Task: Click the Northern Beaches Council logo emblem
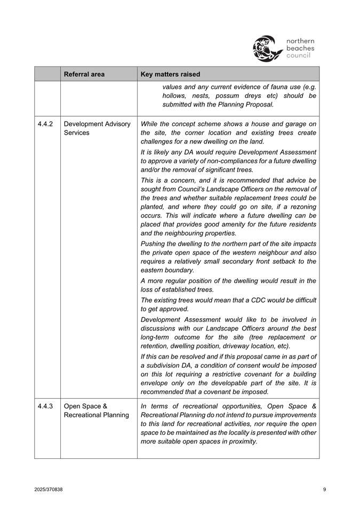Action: pos(267,48)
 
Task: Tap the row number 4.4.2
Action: pos(45,124)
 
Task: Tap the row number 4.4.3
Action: pos(45,406)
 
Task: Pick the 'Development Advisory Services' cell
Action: pos(97,128)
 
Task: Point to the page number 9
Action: pos(324,489)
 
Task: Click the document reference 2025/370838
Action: pos(49,489)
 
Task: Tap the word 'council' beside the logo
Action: pos(298,55)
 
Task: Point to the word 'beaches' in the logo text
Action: pos(300,48)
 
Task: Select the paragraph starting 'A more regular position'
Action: pos(228,285)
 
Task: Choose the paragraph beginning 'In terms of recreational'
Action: pos(228,424)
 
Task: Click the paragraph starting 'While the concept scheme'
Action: pos(228,133)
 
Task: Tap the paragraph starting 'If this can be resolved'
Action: pos(228,374)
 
